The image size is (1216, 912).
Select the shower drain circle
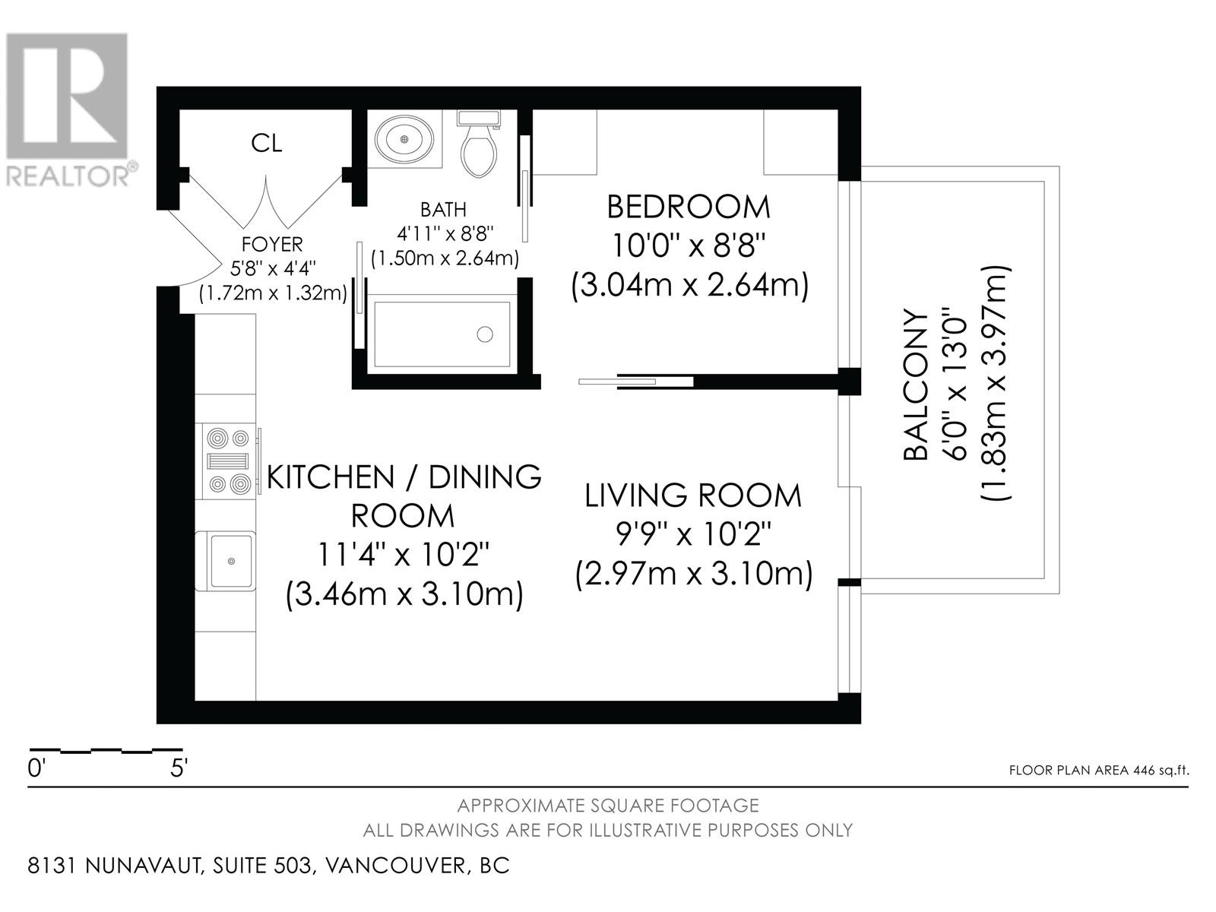(485, 334)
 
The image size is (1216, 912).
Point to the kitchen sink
(231, 561)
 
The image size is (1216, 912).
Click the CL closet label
(267, 144)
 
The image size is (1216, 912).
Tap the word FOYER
(272, 244)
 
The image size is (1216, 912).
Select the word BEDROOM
(689, 207)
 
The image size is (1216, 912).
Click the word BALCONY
(915, 385)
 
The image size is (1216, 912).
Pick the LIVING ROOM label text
(693, 496)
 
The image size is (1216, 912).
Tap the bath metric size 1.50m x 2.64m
(445, 259)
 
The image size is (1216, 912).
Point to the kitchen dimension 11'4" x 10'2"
(403, 554)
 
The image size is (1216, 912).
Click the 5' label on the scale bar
(179, 768)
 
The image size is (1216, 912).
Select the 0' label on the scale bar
(35, 768)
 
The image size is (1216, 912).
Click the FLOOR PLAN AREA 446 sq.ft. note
(1099, 770)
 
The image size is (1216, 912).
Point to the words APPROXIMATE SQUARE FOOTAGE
(608, 806)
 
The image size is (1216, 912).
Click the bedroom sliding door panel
(617, 382)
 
